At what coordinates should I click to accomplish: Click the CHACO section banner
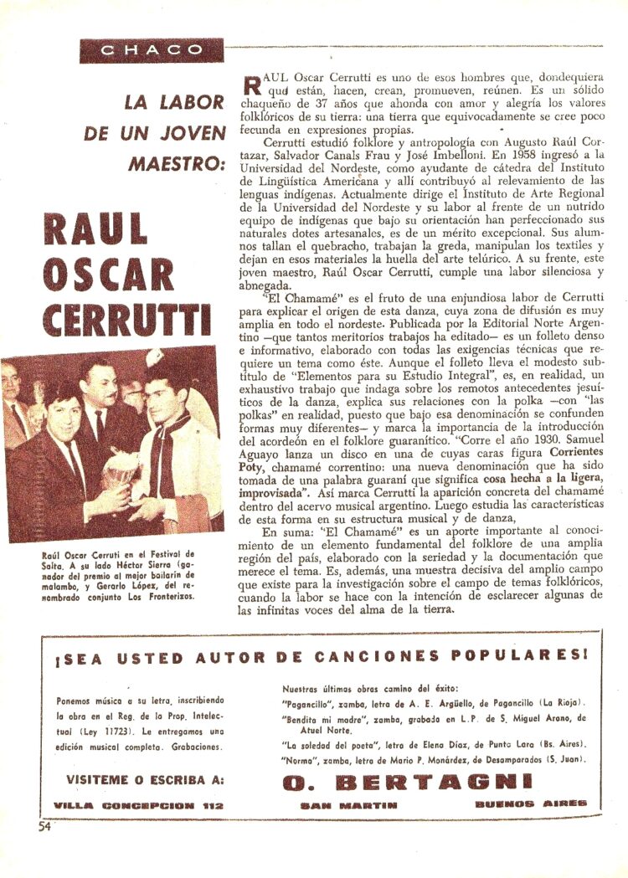152,50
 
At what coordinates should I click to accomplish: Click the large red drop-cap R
250,85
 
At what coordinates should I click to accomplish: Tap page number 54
44,827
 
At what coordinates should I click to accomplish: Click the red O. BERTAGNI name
407,782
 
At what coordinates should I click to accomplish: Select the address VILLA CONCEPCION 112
136,805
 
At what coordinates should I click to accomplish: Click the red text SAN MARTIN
348,805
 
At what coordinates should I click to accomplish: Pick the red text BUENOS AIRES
530,804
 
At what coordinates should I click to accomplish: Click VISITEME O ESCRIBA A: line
145,779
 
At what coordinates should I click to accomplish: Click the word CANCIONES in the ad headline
380,657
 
